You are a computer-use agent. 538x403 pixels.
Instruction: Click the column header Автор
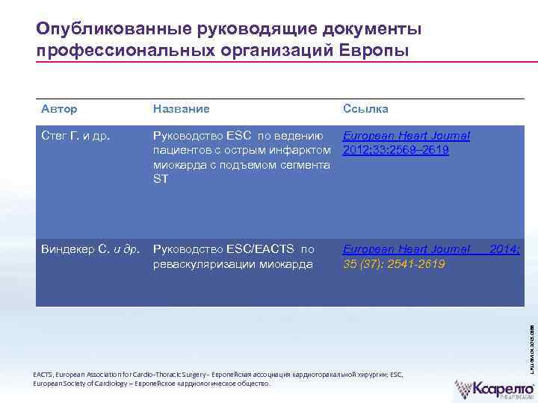tap(59, 109)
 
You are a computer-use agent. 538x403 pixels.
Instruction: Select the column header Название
tap(181, 109)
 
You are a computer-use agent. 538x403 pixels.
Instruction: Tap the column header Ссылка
tap(365, 109)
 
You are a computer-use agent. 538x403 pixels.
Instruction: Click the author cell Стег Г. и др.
tap(75, 136)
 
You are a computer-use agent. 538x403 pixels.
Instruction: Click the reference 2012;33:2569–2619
tap(395, 151)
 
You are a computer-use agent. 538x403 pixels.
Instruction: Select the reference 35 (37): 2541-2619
tap(394, 264)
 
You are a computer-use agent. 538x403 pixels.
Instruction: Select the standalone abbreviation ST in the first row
tap(160, 179)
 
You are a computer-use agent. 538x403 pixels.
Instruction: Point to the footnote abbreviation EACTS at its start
tap(44, 375)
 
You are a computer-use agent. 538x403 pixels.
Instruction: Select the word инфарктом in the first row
tap(303, 151)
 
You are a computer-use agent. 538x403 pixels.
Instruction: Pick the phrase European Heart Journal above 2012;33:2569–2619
tap(406, 136)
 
